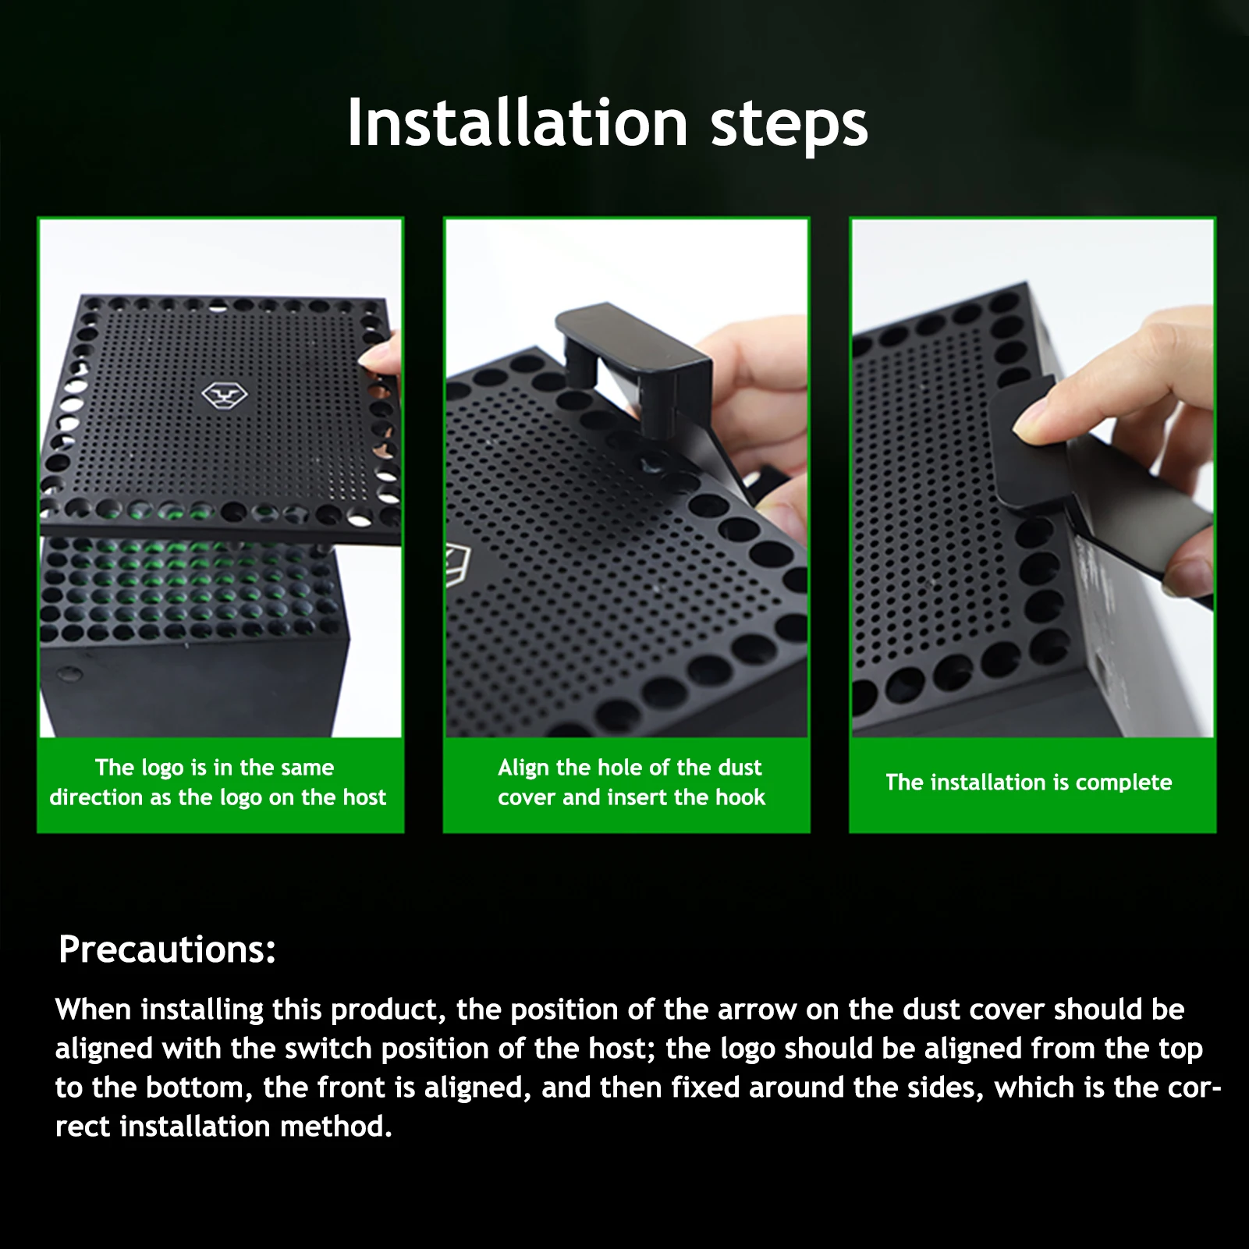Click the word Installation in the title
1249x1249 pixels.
pos(516,123)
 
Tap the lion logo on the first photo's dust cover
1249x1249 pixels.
pos(225,396)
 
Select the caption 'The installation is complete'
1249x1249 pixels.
pos(1028,782)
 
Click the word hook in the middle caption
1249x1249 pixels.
pos(741,797)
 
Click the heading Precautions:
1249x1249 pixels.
pos(167,949)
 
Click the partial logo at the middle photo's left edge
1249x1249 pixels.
pos(455,566)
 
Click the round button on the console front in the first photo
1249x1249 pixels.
pos(72,673)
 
